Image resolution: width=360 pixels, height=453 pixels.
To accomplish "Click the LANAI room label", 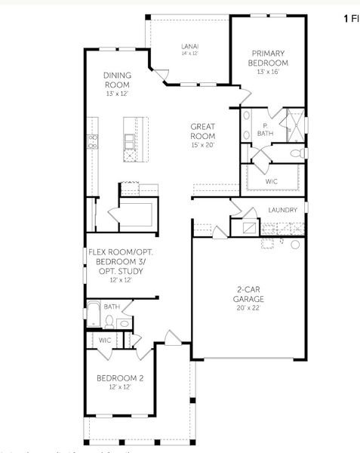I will pyautogui.click(x=189, y=45).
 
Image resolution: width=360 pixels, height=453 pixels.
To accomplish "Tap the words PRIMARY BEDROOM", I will pyautogui.click(x=268, y=58).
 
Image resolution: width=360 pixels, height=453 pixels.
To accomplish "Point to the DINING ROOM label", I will pyautogui.click(x=117, y=80).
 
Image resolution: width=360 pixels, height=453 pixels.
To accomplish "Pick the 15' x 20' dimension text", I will pyautogui.click(x=203, y=144).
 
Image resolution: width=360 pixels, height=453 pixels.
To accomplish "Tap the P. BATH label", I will pyautogui.click(x=266, y=130).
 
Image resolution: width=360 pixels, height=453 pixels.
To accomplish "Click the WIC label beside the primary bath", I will pyautogui.click(x=272, y=182).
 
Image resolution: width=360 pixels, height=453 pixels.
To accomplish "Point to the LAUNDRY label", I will pyautogui.click(x=283, y=210).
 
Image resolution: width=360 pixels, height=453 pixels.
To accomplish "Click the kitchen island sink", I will pyautogui.click(x=130, y=142).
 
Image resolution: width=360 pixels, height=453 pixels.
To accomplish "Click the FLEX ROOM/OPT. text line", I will pyautogui.click(x=121, y=252).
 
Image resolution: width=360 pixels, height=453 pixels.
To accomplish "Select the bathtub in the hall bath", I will pyautogui.click(x=93, y=315).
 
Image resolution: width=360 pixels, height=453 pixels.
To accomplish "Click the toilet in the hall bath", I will pyautogui.click(x=110, y=322).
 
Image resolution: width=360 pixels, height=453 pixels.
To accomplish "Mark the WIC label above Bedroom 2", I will pyautogui.click(x=105, y=341).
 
